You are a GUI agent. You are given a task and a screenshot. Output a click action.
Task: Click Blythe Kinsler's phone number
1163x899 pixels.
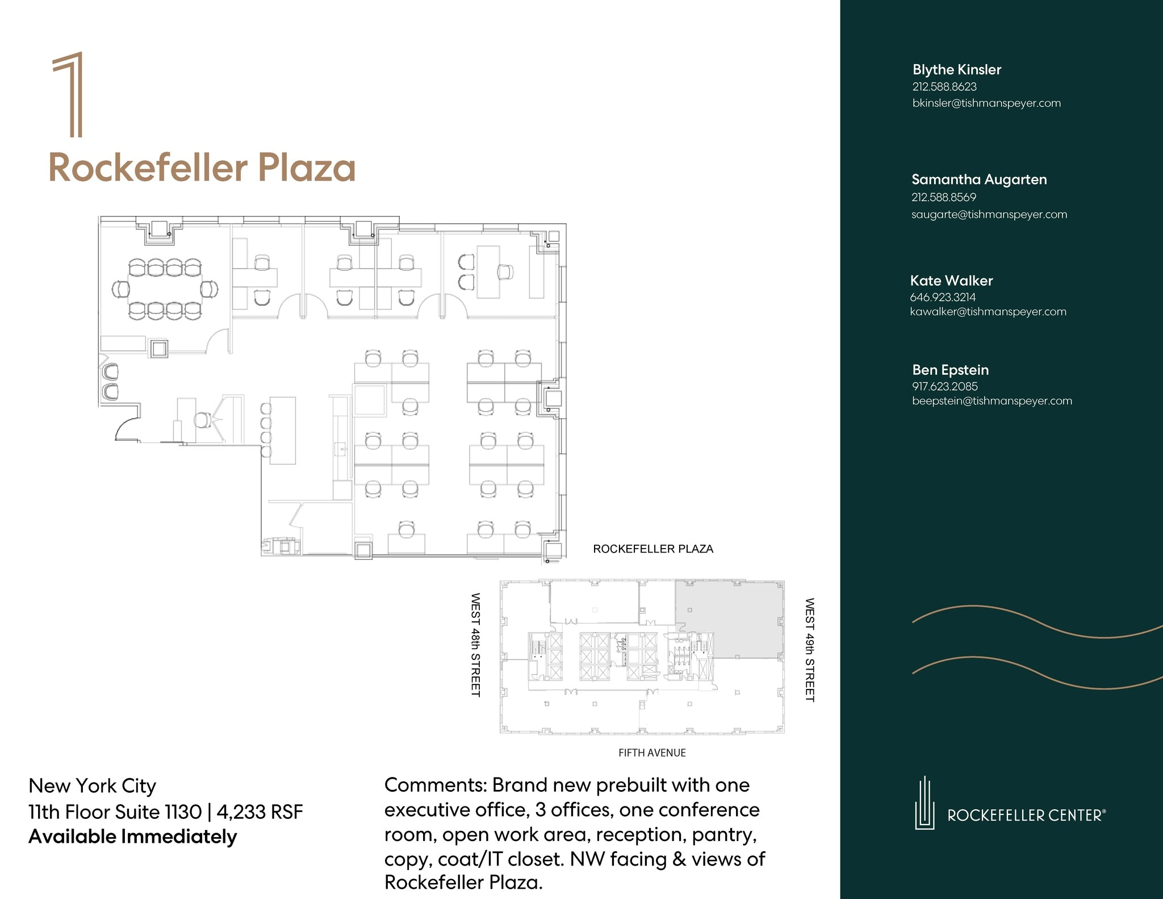click(x=944, y=87)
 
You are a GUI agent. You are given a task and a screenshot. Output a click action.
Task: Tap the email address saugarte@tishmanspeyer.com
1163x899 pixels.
click(x=989, y=215)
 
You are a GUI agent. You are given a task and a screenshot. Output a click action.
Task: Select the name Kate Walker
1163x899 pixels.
click(x=951, y=281)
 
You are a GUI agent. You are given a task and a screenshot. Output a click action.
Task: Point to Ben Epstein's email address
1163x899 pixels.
click(x=992, y=401)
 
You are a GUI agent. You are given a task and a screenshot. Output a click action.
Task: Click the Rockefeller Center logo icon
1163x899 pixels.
click(x=924, y=803)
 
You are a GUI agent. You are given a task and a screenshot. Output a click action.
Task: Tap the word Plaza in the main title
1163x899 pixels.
click(x=307, y=168)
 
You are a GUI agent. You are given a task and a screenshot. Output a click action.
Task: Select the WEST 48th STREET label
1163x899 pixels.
click(x=476, y=645)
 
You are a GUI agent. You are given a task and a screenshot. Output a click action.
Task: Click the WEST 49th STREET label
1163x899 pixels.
click(x=810, y=650)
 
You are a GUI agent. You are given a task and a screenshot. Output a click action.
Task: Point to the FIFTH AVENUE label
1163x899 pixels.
click(x=652, y=753)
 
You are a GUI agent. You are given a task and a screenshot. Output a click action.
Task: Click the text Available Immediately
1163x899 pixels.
click(x=132, y=837)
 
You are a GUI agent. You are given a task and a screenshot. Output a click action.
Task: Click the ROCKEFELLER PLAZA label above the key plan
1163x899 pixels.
click(x=653, y=549)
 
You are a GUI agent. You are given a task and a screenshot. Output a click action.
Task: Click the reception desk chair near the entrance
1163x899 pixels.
click(x=201, y=420)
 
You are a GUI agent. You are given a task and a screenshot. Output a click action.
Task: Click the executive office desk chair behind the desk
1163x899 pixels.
click(x=505, y=272)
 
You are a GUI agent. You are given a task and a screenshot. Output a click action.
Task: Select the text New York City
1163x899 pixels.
click(x=92, y=786)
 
